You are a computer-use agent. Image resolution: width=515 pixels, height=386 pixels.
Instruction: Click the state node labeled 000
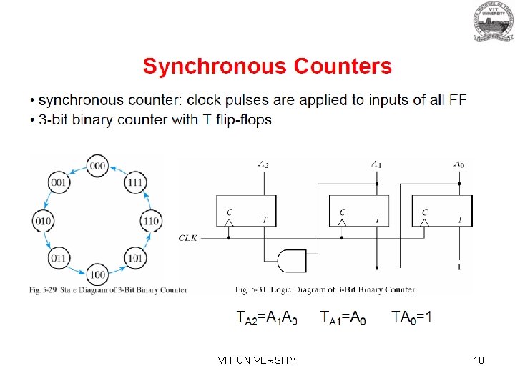coord(97,166)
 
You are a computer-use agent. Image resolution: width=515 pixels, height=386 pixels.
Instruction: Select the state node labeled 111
coord(135,183)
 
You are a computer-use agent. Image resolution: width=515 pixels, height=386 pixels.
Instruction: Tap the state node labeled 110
coord(150,221)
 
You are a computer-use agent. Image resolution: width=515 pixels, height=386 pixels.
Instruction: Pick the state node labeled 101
coord(135,257)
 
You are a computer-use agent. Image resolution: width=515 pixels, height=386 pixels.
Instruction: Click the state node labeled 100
coord(97,274)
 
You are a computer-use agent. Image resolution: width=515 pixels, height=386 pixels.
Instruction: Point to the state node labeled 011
coord(59,257)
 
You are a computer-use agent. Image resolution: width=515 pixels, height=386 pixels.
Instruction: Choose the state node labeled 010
coord(43,221)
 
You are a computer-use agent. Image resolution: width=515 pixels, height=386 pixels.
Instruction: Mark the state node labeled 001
coord(59,183)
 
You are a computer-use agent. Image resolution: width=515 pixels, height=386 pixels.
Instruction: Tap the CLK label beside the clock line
coord(188,237)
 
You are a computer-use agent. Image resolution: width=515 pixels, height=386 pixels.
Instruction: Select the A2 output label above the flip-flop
coord(264,165)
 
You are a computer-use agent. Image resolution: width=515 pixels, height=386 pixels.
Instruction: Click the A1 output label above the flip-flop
coord(376,164)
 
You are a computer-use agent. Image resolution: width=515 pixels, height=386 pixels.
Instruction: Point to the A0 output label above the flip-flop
coord(458,164)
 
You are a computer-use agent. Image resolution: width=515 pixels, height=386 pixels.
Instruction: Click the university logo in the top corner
coord(492,21)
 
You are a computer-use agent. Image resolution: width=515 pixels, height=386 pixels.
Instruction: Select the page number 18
coord(479,360)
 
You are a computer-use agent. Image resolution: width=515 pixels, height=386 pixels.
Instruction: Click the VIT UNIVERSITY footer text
coord(257,360)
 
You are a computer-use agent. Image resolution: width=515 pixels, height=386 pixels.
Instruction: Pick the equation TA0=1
coord(411,317)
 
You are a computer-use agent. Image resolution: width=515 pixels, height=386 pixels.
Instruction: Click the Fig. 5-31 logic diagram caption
coord(325,289)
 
